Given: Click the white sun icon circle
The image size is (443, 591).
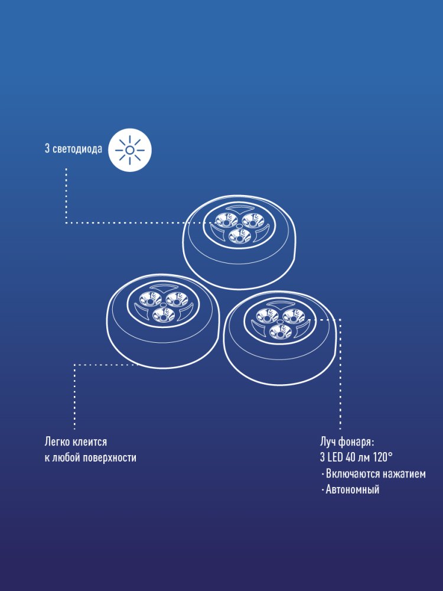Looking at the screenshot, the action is [x=130, y=150].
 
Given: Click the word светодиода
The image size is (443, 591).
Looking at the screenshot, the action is [x=77, y=148].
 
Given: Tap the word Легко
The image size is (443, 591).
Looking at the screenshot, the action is [x=57, y=441].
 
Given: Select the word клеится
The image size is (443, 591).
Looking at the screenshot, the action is [x=90, y=441].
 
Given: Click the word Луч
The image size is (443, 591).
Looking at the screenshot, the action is [x=328, y=441].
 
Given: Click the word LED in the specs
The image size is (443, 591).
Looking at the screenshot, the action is [x=335, y=457].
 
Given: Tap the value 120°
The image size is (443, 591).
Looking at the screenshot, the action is [x=383, y=457].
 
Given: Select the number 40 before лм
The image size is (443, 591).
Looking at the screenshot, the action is [x=350, y=457].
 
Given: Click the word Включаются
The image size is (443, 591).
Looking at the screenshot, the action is [x=353, y=474].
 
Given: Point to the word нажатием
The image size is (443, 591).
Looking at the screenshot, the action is [x=404, y=474].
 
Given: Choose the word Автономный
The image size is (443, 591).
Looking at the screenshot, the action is [x=353, y=490].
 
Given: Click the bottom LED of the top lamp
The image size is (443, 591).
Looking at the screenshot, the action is [x=240, y=236].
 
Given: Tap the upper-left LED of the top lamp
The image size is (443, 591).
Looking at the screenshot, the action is [x=226, y=220].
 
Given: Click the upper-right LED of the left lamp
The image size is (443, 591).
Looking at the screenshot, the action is [x=177, y=299].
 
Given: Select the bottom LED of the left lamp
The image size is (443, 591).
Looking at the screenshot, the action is [x=164, y=315].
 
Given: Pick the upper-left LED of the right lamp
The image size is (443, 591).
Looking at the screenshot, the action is [x=267, y=316].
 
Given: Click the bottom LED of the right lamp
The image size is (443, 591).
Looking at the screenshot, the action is [x=280, y=332].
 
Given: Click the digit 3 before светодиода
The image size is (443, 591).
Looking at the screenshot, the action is [x=47, y=148].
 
